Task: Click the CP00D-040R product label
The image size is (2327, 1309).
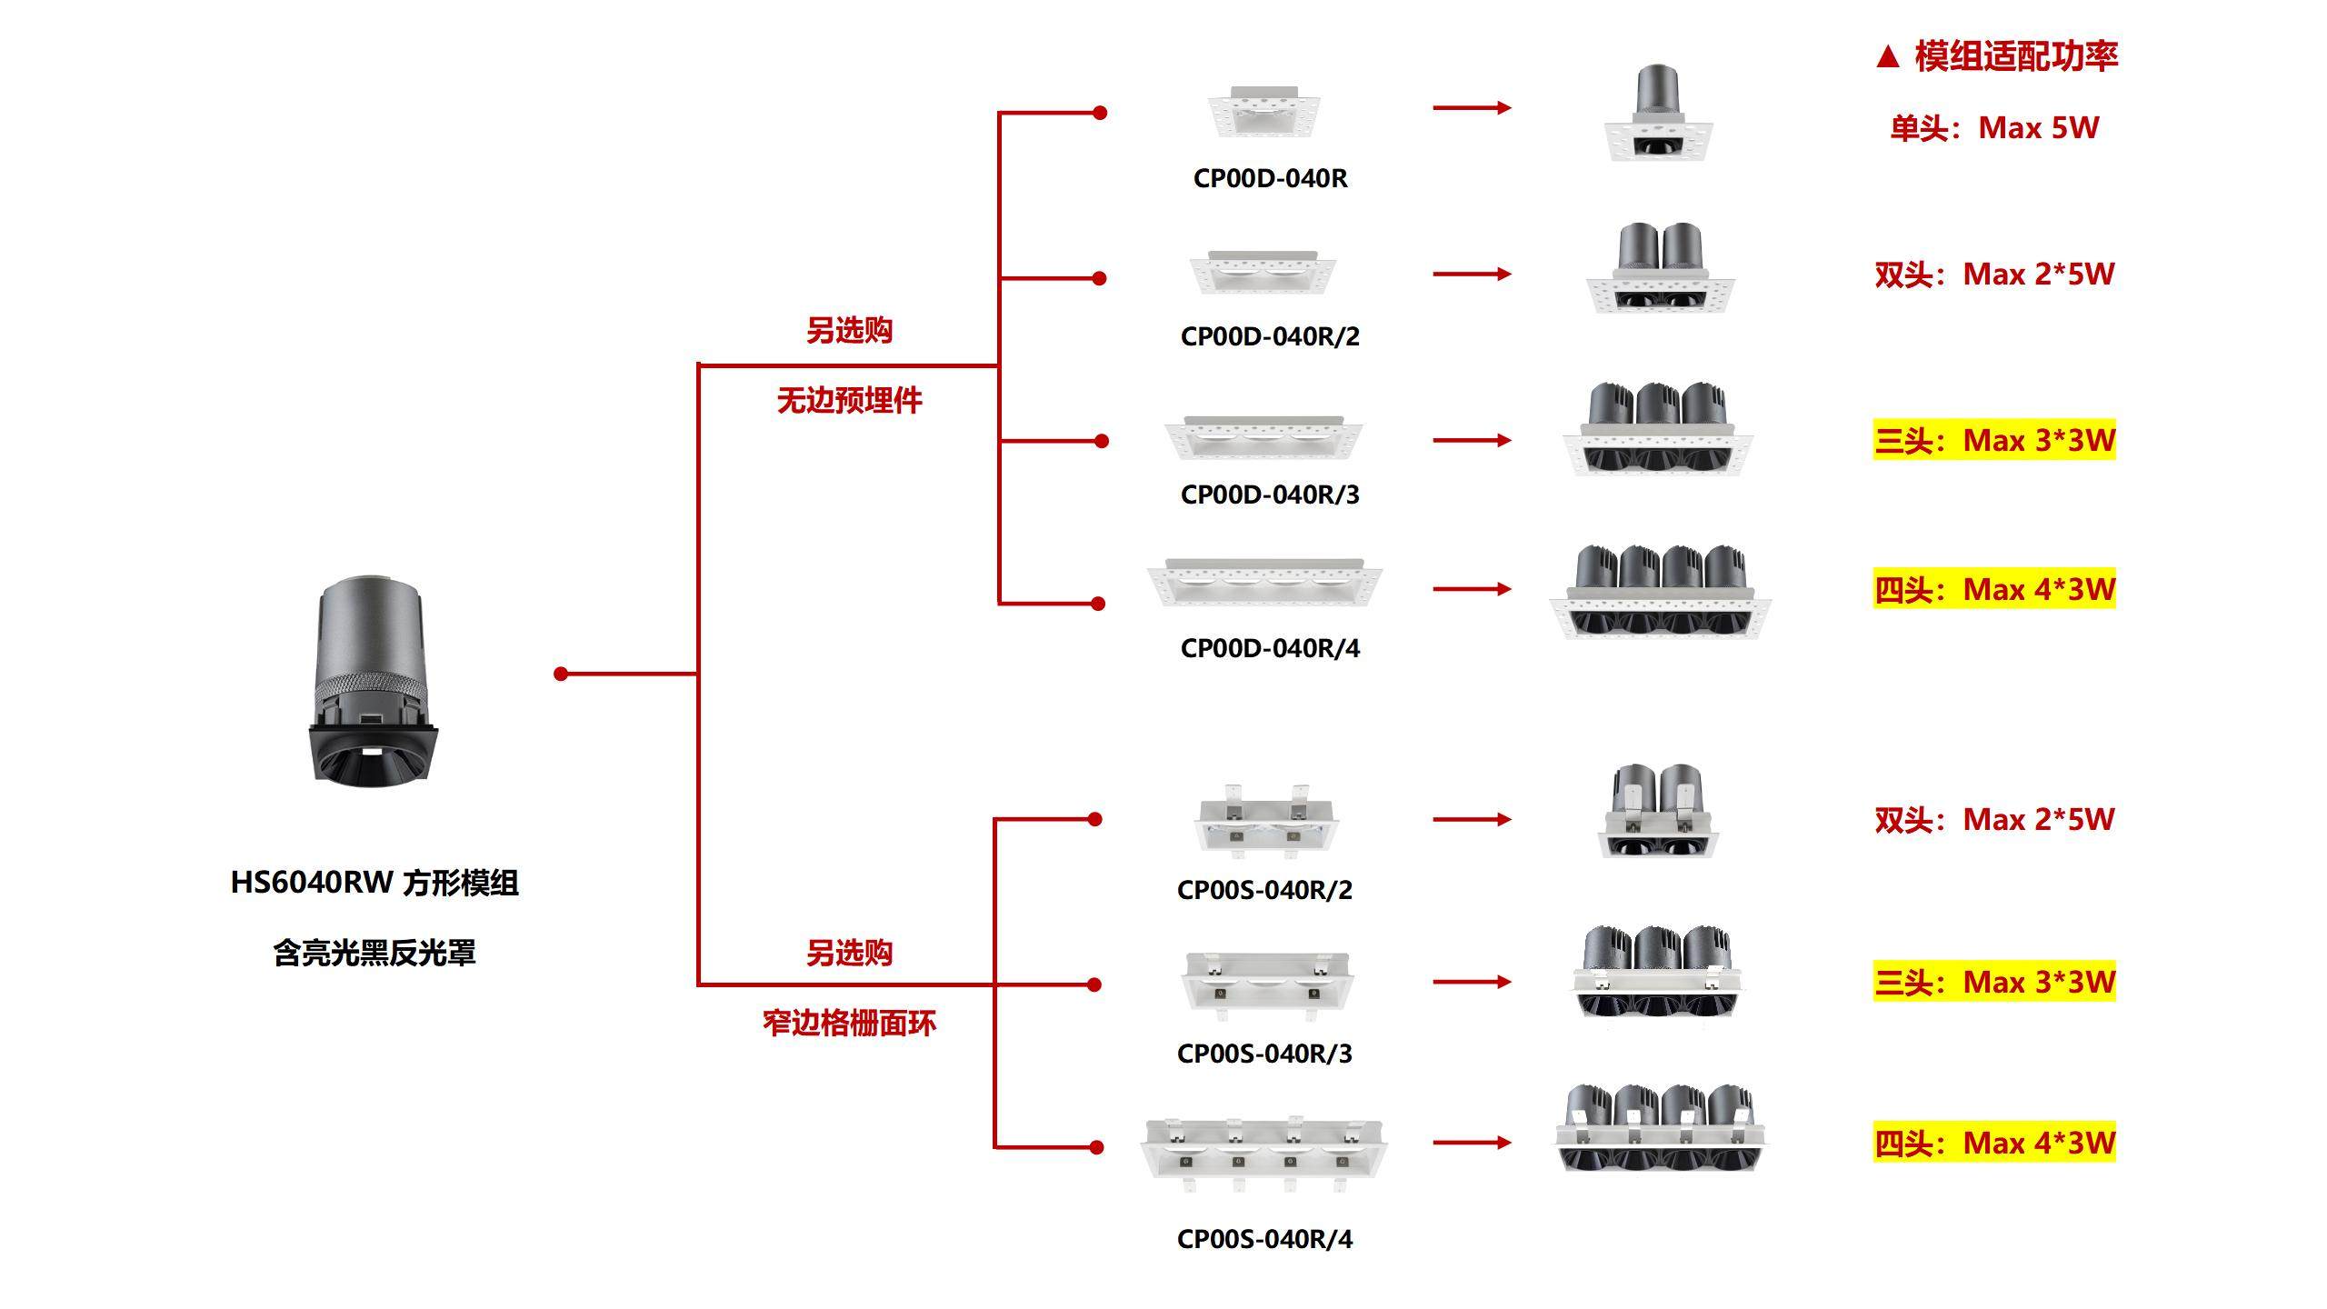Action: coord(1270,178)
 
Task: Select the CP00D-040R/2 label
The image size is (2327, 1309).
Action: coord(1270,336)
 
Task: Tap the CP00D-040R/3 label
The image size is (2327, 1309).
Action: coord(1270,495)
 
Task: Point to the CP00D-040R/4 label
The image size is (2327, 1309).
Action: coord(1270,648)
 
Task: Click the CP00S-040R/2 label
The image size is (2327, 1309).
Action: coord(1264,890)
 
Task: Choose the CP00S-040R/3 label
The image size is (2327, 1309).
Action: coord(1264,1054)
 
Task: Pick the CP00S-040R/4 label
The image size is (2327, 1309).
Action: coord(1264,1239)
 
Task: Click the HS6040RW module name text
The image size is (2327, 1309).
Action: coord(375,883)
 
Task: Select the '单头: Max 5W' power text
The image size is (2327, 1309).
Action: coord(1994,128)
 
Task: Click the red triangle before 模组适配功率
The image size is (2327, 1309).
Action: coord(1887,57)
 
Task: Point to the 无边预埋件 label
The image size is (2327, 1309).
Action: coord(849,400)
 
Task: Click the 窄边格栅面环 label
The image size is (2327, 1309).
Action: coord(849,1024)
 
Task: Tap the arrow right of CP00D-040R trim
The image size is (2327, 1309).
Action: coord(1472,108)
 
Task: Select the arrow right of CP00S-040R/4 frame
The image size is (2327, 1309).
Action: coord(1472,1143)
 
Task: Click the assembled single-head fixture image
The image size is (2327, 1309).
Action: coord(1658,114)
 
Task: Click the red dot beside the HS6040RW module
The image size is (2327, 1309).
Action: coord(561,674)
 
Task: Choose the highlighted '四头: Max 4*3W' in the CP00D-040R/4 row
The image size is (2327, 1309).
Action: coord(1994,590)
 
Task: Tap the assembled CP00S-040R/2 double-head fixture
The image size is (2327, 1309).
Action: coord(1658,811)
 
